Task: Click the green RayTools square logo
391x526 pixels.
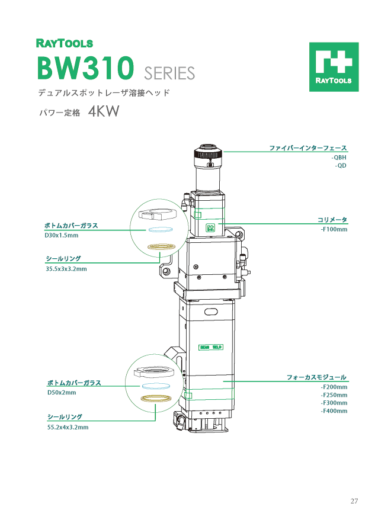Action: click(x=334, y=67)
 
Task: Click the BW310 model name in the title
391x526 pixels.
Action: click(x=86, y=69)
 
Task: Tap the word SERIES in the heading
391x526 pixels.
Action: click(x=169, y=73)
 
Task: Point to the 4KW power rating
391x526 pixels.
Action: click(x=104, y=112)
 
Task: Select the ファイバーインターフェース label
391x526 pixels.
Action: click(x=308, y=147)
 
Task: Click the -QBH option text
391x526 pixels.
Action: click(x=338, y=158)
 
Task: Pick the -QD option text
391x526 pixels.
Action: click(x=340, y=166)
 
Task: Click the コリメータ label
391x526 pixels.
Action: click(x=332, y=220)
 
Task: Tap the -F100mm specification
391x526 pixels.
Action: click(x=334, y=229)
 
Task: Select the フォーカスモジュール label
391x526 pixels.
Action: click(x=316, y=377)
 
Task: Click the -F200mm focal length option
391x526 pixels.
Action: click(x=334, y=387)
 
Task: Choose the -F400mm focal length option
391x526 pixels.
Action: click(x=334, y=410)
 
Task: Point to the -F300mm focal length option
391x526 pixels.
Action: click(x=334, y=403)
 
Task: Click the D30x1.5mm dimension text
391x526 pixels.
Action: click(x=62, y=235)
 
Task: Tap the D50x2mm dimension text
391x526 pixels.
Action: click(x=62, y=392)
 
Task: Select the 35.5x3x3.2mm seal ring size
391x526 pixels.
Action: click(x=66, y=269)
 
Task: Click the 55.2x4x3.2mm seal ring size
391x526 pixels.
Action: click(x=68, y=426)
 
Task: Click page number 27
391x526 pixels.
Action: click(x=354, y=502)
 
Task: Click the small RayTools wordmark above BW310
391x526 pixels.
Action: click(x=65, y=43)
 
